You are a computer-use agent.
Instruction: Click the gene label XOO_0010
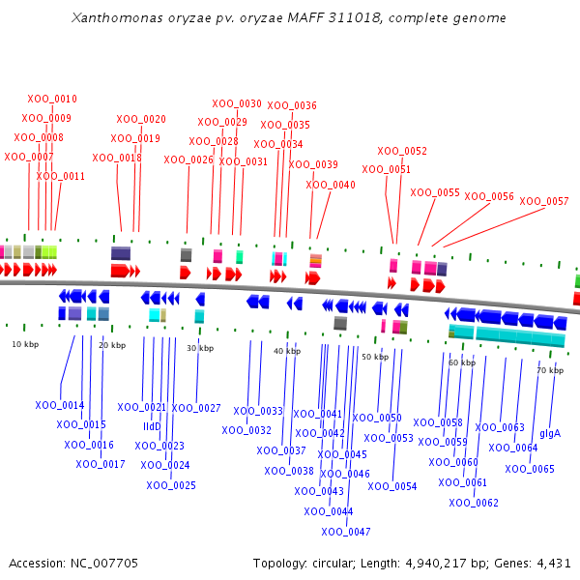52,99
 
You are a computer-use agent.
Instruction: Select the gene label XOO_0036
292,105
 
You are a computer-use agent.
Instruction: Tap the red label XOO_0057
544,201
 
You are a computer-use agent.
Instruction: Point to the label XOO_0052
402,151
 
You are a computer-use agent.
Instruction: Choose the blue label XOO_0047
346,532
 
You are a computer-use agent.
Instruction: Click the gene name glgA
550,433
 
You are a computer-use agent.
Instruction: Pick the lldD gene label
152,426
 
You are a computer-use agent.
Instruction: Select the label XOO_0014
60,405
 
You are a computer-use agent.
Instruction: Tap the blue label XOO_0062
474,503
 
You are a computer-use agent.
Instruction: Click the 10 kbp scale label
25,344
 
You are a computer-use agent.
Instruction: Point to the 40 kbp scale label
287,351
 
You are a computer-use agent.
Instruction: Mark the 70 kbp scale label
550,370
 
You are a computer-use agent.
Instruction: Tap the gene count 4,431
553,563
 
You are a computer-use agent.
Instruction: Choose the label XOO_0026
188,159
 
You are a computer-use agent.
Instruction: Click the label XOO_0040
331,185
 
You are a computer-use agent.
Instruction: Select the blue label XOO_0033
258,411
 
